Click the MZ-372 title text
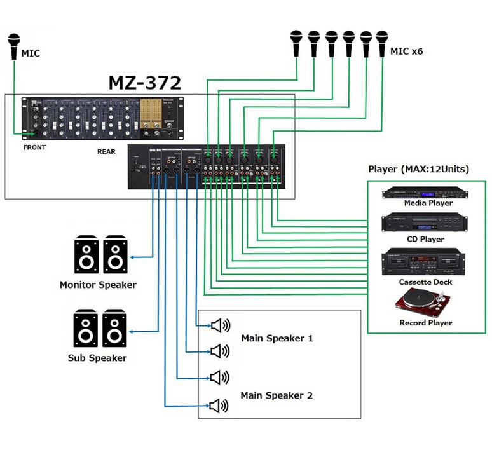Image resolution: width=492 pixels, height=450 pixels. (x=145, y=83)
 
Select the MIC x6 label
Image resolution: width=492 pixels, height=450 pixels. (x=406, y=51)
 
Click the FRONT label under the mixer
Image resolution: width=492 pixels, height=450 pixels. (x=34, y=147)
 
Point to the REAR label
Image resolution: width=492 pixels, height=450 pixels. (x=106, y=152)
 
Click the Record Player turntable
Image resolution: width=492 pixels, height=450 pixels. (x=425, y=303)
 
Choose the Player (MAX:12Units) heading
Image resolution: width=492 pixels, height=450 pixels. (x=418, y=169)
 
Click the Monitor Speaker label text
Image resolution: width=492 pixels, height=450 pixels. (x=97, y=285)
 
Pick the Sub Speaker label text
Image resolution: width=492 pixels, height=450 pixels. (x=97, y=358)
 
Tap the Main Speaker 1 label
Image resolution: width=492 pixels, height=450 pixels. (x=277, y=338)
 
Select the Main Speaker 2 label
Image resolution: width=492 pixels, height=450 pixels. (x=277, y=395)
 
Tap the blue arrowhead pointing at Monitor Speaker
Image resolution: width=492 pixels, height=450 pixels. (x=131, y=257)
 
